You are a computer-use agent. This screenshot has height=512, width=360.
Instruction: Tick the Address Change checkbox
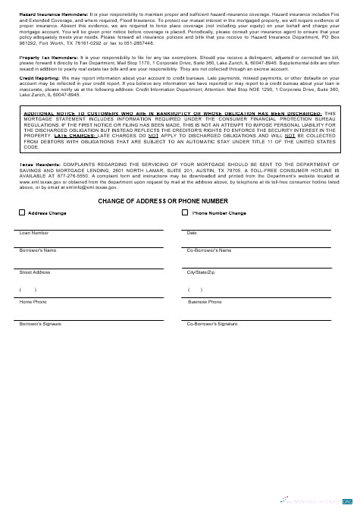(21, 213)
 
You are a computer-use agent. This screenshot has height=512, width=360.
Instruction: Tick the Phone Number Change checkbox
(186, 213)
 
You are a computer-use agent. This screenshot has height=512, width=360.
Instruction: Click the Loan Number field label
(34, 233)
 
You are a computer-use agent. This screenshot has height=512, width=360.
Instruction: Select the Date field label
(192, 233)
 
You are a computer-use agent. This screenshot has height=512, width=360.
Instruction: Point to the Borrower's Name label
(38, 250)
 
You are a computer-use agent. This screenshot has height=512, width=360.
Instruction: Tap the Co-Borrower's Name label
(209, 250)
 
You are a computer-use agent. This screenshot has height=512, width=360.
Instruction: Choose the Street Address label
(35, 272)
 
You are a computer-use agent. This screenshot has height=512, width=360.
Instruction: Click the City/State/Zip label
(202, 272)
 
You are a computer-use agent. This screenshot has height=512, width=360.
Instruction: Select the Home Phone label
(33, 302)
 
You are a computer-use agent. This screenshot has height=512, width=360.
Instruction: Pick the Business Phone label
(205, 302)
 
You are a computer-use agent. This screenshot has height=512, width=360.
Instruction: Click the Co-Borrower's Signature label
(212, 324)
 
